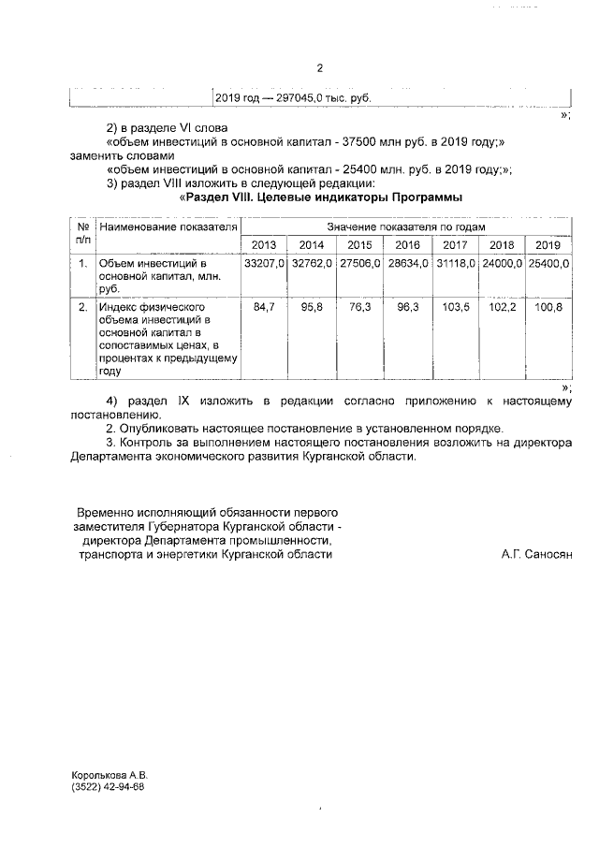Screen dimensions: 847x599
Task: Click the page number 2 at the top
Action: tap(319, 68)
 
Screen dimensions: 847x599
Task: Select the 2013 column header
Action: tap(264, 245)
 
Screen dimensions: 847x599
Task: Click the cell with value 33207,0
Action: tap(264, 265)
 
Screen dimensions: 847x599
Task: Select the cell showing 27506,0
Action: tap(359, 265)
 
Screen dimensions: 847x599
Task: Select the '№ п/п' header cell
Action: tap(82, 235)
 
